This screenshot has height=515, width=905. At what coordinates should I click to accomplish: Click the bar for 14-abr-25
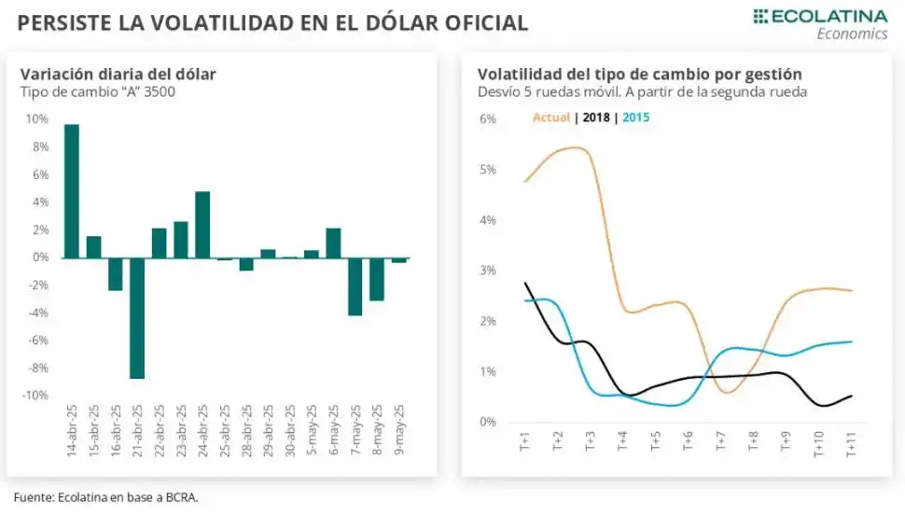point(71,191)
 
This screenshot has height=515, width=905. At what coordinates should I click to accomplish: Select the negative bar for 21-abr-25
point(136,318)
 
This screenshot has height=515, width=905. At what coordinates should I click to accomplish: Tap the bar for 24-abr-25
point(202,225)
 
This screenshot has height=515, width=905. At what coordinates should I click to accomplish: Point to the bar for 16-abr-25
point(115,274)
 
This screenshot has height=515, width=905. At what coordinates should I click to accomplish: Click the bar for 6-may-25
point(333,243)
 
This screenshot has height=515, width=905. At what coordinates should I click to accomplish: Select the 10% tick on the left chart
point(37,119)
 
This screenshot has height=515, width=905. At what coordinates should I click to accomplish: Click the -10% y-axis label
point(35,396)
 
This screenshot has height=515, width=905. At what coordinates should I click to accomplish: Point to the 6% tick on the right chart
point(488,118)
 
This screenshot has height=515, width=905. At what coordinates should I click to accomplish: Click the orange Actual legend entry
point(550,118)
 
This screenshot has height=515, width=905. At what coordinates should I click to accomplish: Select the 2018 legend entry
point(594,118)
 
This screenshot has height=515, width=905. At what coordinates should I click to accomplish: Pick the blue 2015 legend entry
point(635,118)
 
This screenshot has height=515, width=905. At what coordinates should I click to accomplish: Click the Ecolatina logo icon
point(760,16)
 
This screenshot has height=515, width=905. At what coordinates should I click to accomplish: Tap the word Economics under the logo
point(852,34)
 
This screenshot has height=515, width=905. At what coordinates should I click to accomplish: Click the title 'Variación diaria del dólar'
point(118,74)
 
